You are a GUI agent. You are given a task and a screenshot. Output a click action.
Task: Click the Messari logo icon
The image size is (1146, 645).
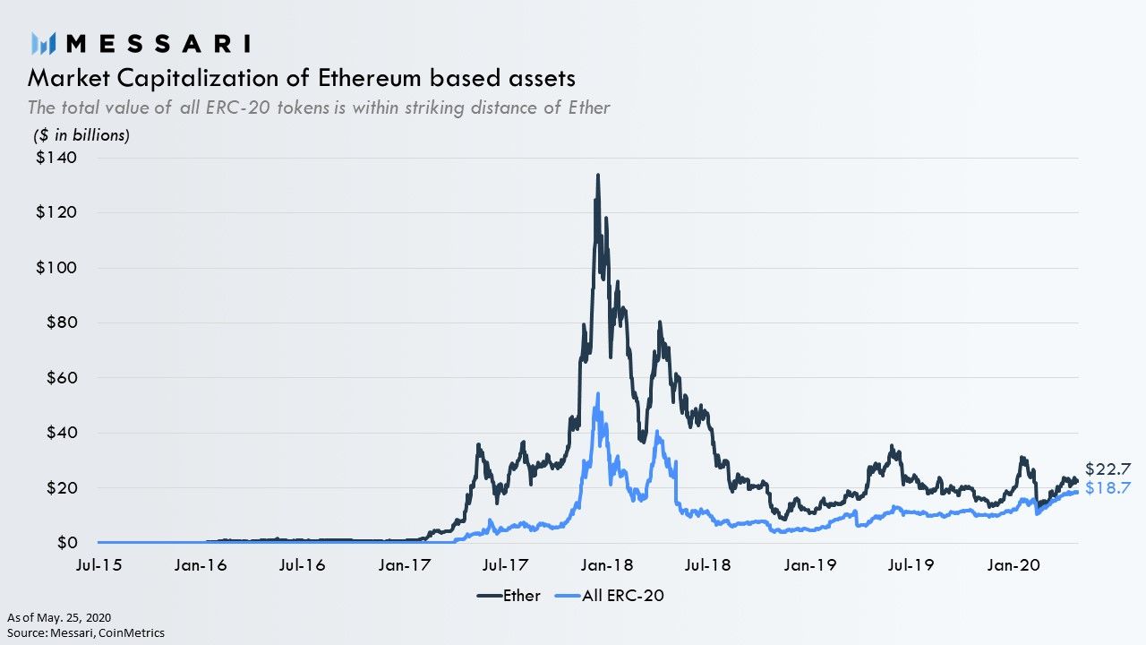click(x=43, y=44)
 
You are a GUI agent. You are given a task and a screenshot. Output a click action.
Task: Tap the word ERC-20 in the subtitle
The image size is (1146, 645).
click(x=238, y=107)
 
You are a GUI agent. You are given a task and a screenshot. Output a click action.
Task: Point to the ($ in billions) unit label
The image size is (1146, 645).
click(x=81, y=135)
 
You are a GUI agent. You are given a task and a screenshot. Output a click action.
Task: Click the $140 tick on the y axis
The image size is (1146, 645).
click(x=56, y=157)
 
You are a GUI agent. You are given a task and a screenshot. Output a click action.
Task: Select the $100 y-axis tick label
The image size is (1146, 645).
click(x=56, y=267)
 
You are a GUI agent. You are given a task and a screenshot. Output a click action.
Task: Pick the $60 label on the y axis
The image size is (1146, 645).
click(x=62, y=378)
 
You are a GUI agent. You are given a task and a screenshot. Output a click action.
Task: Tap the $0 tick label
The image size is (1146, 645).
click(x=67, y=543)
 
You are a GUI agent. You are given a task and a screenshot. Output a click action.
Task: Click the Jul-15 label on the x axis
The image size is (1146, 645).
click(x=98, y=565)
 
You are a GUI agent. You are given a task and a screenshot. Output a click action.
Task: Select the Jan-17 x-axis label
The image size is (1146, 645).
click(x=404, y=565)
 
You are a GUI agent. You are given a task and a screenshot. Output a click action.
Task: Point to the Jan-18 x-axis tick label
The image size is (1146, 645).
click(x=607, y=565)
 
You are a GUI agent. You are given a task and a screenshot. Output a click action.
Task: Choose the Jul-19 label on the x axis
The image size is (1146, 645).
click(x=911, y=565)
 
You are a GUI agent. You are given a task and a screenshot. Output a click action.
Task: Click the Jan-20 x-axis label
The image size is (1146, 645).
click(x=1013, y=565)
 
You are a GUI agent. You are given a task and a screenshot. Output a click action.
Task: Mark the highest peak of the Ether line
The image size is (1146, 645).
click(x=597, y=175)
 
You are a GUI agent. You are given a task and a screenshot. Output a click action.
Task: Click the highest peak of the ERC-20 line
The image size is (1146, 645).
click(x=597, y=393)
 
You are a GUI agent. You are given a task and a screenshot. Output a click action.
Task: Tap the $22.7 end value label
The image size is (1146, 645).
click(x=1108, y=469)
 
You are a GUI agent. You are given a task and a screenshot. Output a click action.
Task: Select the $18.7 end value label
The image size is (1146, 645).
click(x=1108, y=488)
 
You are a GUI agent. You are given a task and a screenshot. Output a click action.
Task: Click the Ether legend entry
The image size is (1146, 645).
click(x=509, y=596)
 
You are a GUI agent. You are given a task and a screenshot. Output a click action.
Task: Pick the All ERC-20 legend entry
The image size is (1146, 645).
click(x=610, y=596)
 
